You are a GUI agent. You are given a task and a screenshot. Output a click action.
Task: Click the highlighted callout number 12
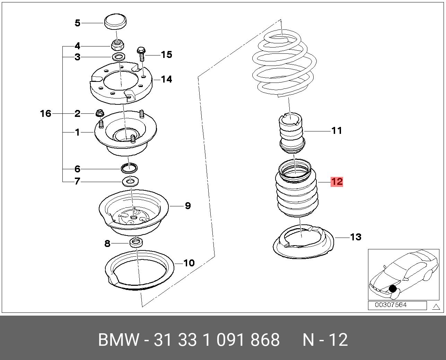pyautogui.click(x=337, y=181)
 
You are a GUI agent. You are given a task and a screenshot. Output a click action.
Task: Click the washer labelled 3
pyautogui.click(x=119, y=57)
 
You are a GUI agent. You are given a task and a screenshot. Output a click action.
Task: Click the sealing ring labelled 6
pyautogui.click(x=129, y=169)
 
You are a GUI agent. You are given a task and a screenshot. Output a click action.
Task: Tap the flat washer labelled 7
pyautogui.click(x=130, y=181)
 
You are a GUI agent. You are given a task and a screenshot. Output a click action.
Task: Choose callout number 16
pyautogui.click(x=46, y=113)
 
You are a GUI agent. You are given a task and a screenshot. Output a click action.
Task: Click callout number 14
pyautogui.click(x=166, y=79)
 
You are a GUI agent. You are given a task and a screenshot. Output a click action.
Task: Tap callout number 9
pyautogui.click(x=187, y=206)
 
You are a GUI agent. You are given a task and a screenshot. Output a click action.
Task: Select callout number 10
pyautogui.click(x=189, y=263)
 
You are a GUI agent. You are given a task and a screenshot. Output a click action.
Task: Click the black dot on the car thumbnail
pyautogui.click(x=393, y=289)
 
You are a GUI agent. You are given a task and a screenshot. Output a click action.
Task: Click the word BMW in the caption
pyautogui.click(x=119, y=340)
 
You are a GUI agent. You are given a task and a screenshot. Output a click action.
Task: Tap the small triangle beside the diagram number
pyautogui.click(x=436, y=306)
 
